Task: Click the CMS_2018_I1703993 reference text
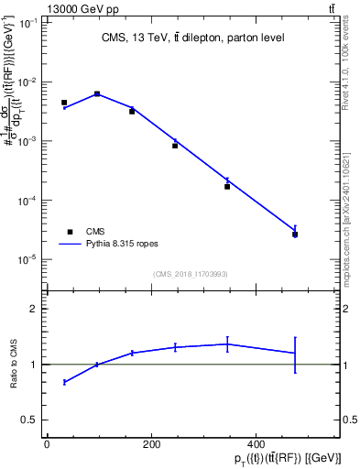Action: tap(191, 273)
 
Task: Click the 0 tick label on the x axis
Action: tap(47, 444)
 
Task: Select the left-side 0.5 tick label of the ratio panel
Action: tap(28, 420)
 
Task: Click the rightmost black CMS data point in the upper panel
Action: tap(295, 234)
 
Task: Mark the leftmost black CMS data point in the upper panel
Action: tap(64, 103)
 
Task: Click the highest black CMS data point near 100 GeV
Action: tap(97, 93)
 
